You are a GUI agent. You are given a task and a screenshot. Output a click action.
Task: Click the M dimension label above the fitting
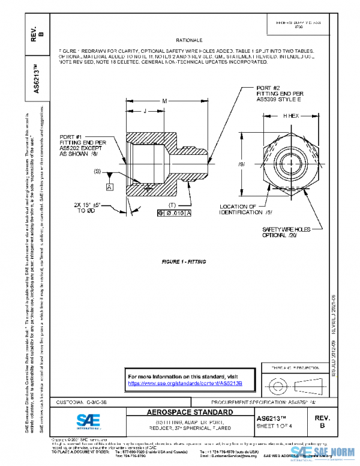click(x=164, y=100)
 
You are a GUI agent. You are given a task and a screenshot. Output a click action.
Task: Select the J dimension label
click(x=146, y=111)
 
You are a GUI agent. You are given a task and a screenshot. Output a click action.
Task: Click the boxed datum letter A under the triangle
click(x=110, y=187)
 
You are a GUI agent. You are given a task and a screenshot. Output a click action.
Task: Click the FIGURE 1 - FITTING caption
click(x=185, y=262)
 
